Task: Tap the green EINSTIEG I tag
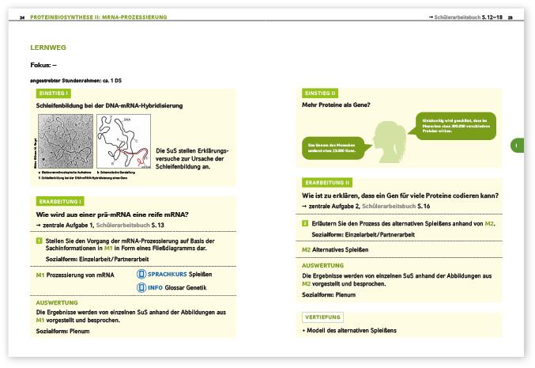point(53,93)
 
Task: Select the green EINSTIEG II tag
point(320,93)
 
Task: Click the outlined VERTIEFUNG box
point(322,317)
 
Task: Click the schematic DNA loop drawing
point(123,141)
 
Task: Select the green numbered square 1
point(40,241)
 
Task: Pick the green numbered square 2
point(306,223)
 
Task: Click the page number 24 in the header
point(23,17)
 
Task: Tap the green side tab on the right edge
point(514,146)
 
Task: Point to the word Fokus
point(42,65)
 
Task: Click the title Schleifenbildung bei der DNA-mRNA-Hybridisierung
point(110,104)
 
